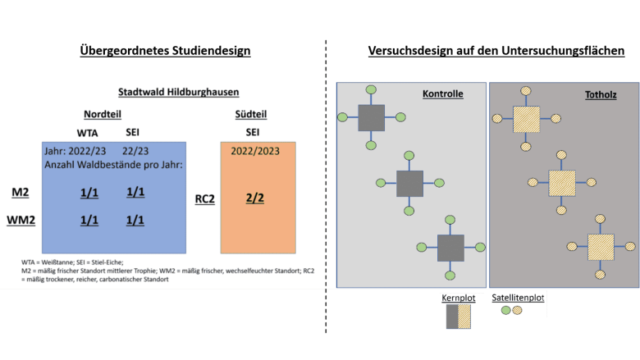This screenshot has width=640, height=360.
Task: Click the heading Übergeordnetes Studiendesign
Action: [x=165, y=51]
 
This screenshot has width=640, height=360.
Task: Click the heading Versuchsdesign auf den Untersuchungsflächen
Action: [x=496, y=51]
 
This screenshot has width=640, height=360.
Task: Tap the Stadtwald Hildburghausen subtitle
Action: [x=178, y=92]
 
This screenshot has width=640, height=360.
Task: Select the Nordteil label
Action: [x=103, y=114]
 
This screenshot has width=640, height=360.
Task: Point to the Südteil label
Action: [x=251, y=114]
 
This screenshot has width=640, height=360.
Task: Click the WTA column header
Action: [x=87, y=134]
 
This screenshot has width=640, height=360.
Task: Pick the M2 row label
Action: [x=20, y=192]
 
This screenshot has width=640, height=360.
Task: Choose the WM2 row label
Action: [x=21, y=220]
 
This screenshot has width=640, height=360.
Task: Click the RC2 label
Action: [x=205, y=199]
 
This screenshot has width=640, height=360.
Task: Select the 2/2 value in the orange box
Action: [x=255, y=198]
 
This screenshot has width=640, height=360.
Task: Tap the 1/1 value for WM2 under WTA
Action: [x=89, y=220]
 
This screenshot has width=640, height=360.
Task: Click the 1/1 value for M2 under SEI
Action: [x=135, y=192]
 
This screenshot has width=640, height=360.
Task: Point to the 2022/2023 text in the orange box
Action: [x=255, y=151]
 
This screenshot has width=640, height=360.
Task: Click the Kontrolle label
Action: [x=443, y=93]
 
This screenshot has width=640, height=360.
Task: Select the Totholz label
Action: [x=601, y=95]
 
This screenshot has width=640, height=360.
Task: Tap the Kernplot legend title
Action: [x=459, y=298]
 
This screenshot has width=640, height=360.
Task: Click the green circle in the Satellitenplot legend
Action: [x=505, y=310]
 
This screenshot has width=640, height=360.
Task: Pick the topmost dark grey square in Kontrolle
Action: [x=372, y=118]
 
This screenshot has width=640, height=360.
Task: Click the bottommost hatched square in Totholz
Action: [x=601, y=247]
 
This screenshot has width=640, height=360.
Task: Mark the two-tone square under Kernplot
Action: [x=459, y=317]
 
